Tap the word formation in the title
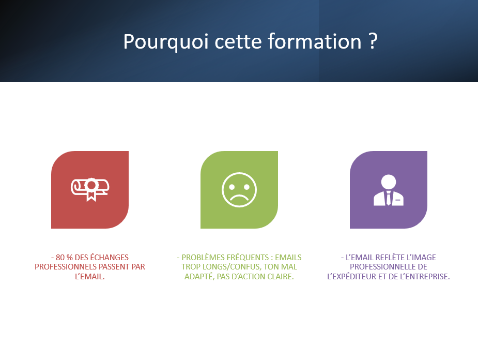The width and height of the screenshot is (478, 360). click(315, 41)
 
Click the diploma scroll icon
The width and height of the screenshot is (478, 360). click(90, 189)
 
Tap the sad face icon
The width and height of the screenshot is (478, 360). click(239, 190)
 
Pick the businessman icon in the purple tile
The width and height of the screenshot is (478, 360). click(389, 190)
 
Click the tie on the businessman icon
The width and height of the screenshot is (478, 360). click(389, 198)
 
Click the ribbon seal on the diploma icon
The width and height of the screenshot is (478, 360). click(91, 189)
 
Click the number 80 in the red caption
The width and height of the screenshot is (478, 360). click(60, 258)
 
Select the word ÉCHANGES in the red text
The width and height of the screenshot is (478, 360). click(110, 258)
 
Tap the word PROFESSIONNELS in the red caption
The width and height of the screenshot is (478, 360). click(66, 267)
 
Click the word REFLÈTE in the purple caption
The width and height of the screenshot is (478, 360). click(391, 258)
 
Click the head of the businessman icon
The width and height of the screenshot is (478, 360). click(389, 182)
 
